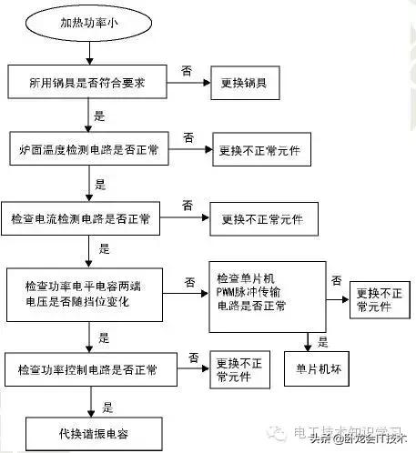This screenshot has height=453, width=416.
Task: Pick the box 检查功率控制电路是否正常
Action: tap(87, 371)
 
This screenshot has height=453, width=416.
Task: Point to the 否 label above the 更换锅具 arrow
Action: tap(186, 69)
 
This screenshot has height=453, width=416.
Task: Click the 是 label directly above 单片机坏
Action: tap(322, 342)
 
